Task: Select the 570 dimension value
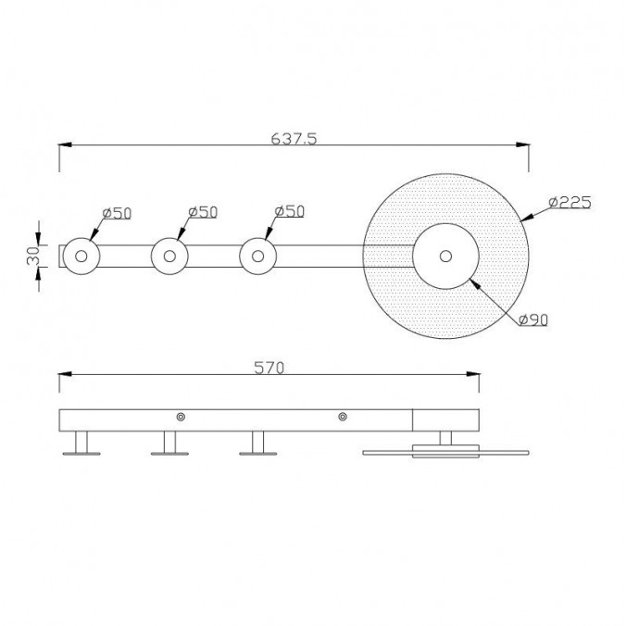coord(269,368)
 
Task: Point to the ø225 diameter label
coord(569,202)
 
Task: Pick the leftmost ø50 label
coord(117,212)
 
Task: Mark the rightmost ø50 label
coord(290,212)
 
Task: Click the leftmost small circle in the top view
coord(81,257)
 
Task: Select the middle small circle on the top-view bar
coord(169,257)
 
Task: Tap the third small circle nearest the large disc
coord(257,257)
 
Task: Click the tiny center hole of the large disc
coord(445,256)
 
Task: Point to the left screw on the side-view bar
coord(182,418)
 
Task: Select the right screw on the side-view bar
coord(343,418)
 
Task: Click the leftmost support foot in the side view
coord(81,444)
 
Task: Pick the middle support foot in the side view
coord(169,444)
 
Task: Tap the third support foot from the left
coord(257,444)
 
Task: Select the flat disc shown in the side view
coord(446,452)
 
